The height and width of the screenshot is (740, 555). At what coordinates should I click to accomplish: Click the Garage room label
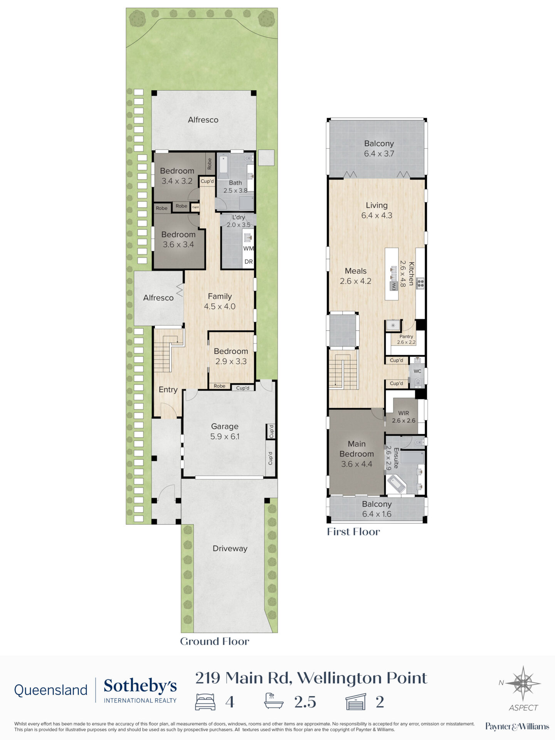coord(225,426)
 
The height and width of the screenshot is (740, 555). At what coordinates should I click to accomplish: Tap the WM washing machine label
coord(249,248)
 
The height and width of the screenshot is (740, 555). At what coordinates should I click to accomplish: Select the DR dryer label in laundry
coord(249,262)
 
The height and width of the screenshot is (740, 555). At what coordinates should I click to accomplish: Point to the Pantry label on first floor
coord(406,336)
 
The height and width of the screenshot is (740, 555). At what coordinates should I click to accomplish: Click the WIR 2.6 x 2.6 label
coord(404,417)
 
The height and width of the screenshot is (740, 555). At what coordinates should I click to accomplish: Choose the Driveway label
coord(230,548)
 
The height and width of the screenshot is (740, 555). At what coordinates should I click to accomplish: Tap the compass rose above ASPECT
coord(523,683)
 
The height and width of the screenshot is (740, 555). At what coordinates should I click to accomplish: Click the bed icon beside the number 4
coord(205,702)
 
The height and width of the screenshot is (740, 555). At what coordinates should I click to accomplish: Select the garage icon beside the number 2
coord(356,702)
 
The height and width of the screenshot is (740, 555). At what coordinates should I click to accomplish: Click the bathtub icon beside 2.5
coord(274,701)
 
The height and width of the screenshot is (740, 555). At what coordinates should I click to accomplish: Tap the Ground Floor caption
coord(215,641)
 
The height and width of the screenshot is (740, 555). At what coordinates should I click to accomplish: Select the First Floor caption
coord(353,532)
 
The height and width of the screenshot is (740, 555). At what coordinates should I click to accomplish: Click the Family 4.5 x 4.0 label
coord(220,301)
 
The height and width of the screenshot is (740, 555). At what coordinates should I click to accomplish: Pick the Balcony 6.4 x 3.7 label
coord(379,148)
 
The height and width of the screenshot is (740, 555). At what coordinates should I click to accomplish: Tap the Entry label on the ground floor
coord(168,390)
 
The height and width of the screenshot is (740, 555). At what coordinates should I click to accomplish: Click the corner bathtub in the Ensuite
coord(397,484)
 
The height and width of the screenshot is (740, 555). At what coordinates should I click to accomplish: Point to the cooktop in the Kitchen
coord(420,283)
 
